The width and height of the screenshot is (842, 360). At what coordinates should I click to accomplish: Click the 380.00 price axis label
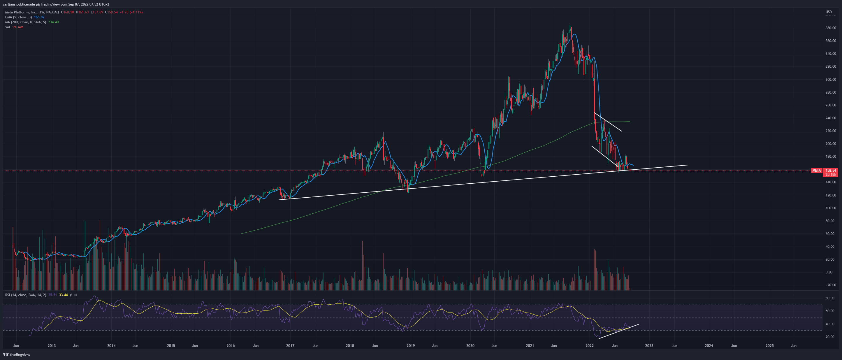[831, 28]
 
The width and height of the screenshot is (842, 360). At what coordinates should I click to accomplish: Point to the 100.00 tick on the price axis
[831, 208]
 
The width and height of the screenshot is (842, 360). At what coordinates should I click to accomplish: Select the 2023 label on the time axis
[649, 346]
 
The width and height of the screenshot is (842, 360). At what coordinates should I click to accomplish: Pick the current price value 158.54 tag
[831, 170]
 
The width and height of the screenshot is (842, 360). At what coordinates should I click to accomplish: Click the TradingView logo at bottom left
[17, 355]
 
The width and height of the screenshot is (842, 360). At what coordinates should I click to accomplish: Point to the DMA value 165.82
[39, 17]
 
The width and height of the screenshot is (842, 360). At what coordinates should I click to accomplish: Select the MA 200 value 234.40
[53, 22]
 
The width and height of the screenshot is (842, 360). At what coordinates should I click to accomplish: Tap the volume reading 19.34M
[18, 27]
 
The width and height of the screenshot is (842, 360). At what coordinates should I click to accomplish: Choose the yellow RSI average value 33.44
[64, 295]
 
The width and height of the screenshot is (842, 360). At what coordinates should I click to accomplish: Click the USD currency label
[829, 12]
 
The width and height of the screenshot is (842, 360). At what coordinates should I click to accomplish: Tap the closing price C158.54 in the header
[111, 12]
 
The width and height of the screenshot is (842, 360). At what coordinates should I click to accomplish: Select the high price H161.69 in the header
[82, 12]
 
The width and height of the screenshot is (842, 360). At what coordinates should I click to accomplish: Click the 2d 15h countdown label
[831, 175]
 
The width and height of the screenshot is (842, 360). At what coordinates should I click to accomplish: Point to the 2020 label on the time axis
[470, 346]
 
